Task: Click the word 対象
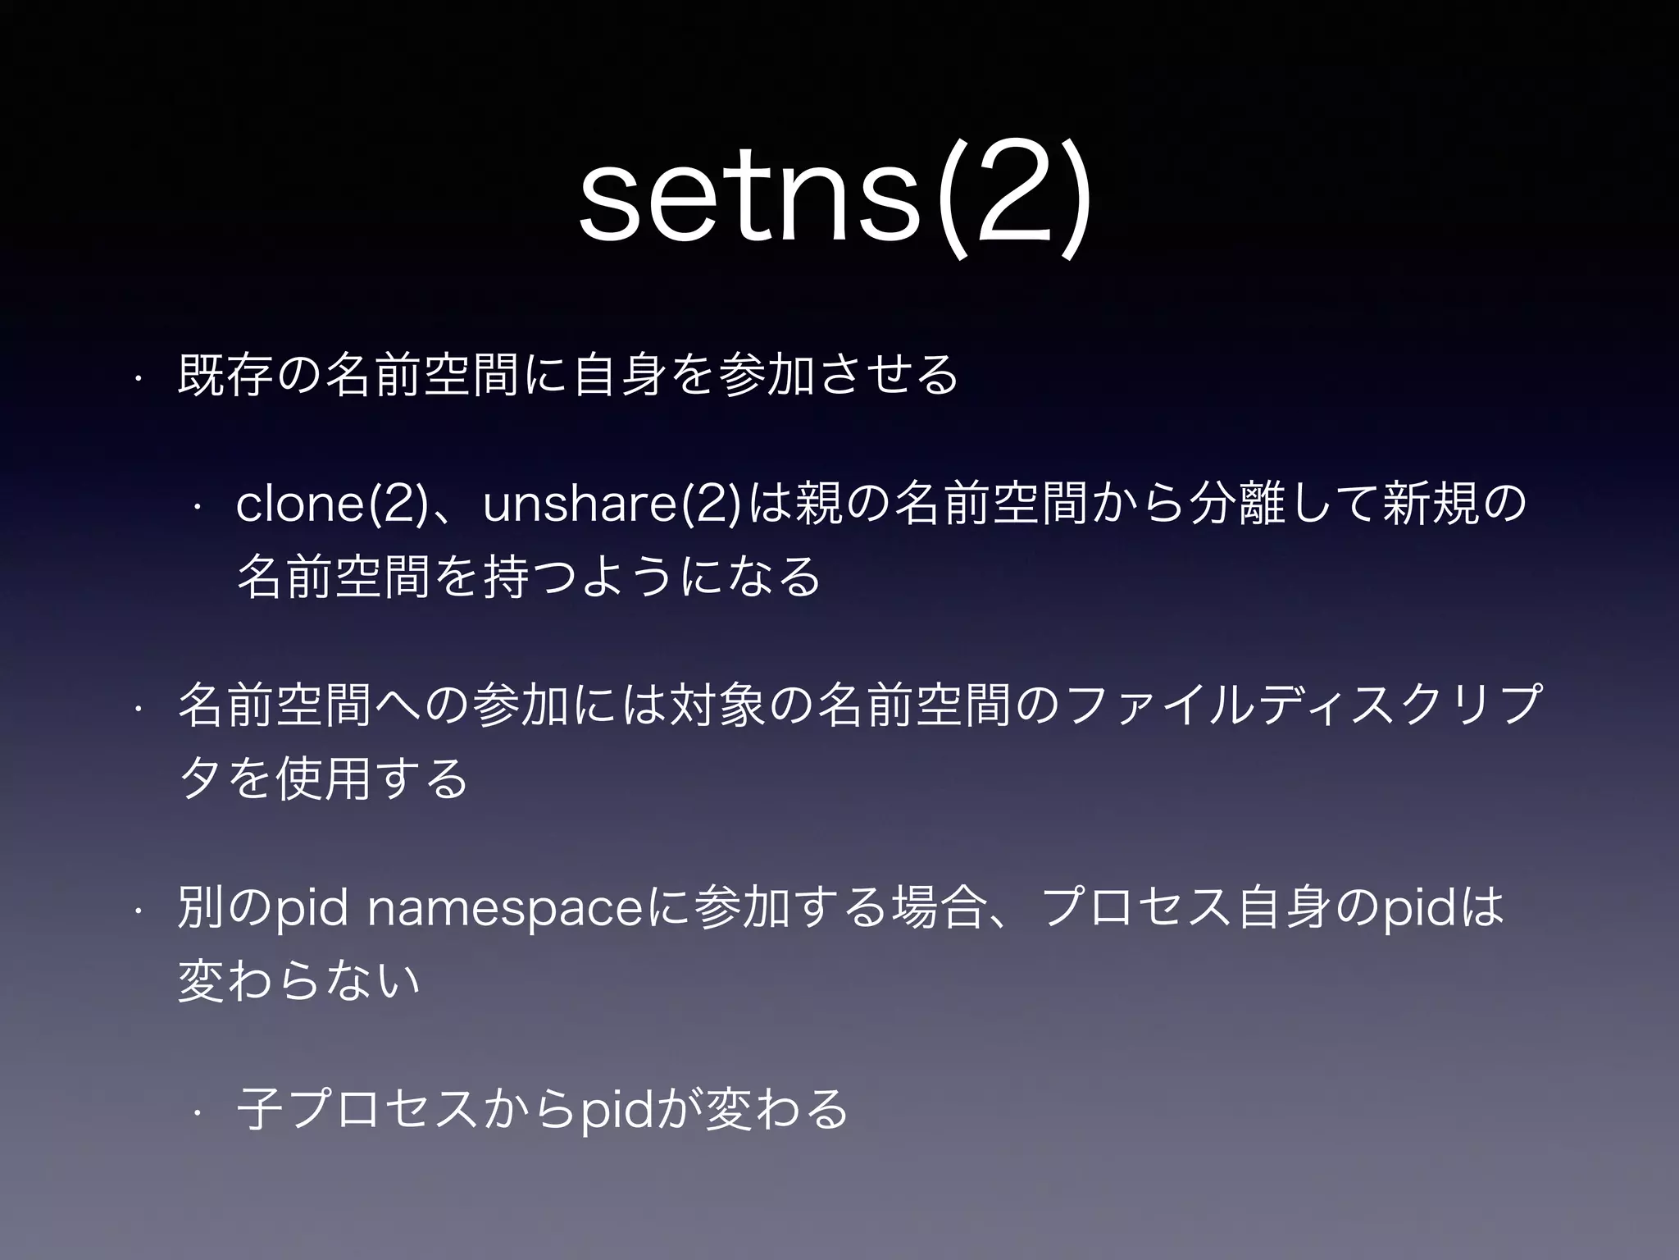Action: pos(718,705)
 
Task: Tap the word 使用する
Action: pos(373,778)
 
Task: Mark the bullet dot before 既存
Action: pos(139,378)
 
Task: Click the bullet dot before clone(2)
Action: pos(198,507)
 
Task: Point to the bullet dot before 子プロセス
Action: pos(198,1113)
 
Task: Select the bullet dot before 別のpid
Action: pos(139,911)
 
